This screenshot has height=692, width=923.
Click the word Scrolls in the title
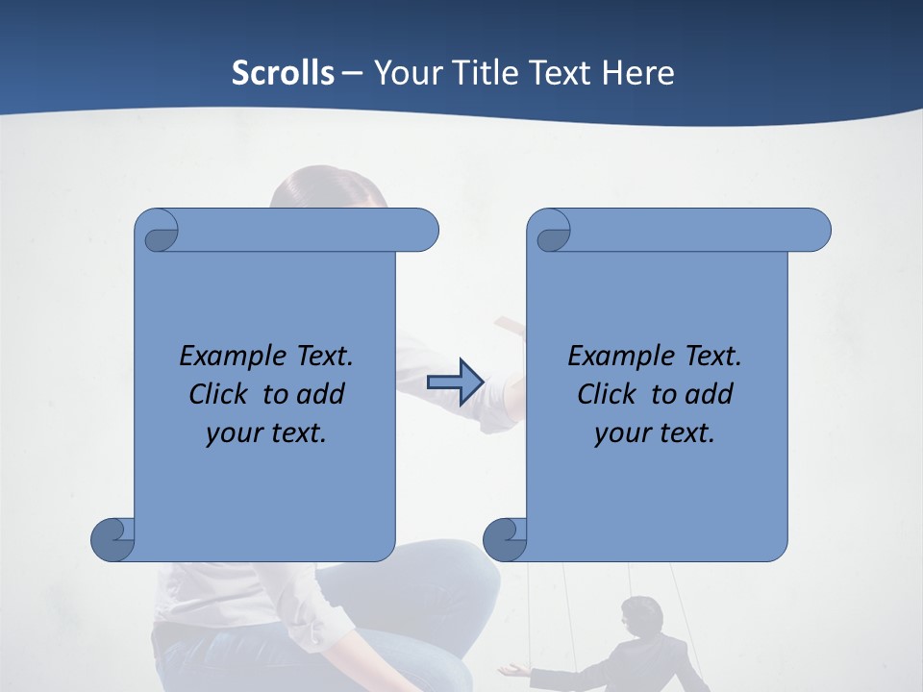point(283,73)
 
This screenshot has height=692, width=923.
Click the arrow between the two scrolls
point(454,382)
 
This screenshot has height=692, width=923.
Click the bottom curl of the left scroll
point(112,539)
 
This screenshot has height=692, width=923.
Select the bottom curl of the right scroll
point(505,539)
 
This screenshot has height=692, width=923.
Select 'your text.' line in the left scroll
point(266,432)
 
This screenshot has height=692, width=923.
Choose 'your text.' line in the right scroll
point(655,432)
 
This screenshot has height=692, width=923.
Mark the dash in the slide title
point(353,73)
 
